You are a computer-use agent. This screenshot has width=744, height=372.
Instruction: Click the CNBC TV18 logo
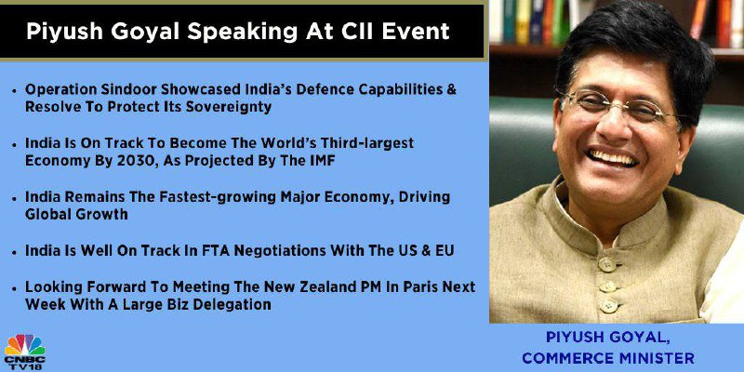[25, 352]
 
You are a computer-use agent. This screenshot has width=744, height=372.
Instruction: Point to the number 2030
[139, 161]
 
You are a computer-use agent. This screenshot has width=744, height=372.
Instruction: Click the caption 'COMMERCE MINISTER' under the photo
[608, 358]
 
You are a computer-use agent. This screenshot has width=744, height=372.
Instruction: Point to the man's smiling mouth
[613, 157]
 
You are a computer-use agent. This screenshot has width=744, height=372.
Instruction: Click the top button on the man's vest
[608, 263]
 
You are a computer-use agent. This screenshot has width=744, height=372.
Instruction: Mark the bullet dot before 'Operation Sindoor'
[15, 90]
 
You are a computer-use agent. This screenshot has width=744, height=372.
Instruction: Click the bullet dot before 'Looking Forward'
[15, 287]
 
